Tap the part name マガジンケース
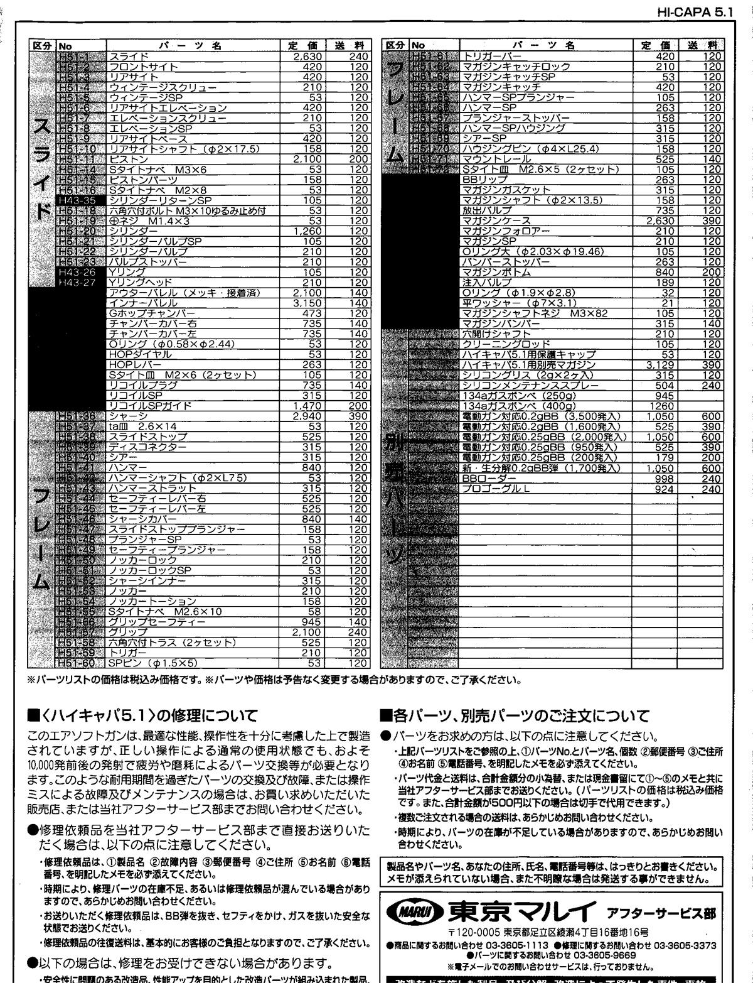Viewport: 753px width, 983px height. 496,220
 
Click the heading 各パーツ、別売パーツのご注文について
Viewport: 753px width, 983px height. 515,715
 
